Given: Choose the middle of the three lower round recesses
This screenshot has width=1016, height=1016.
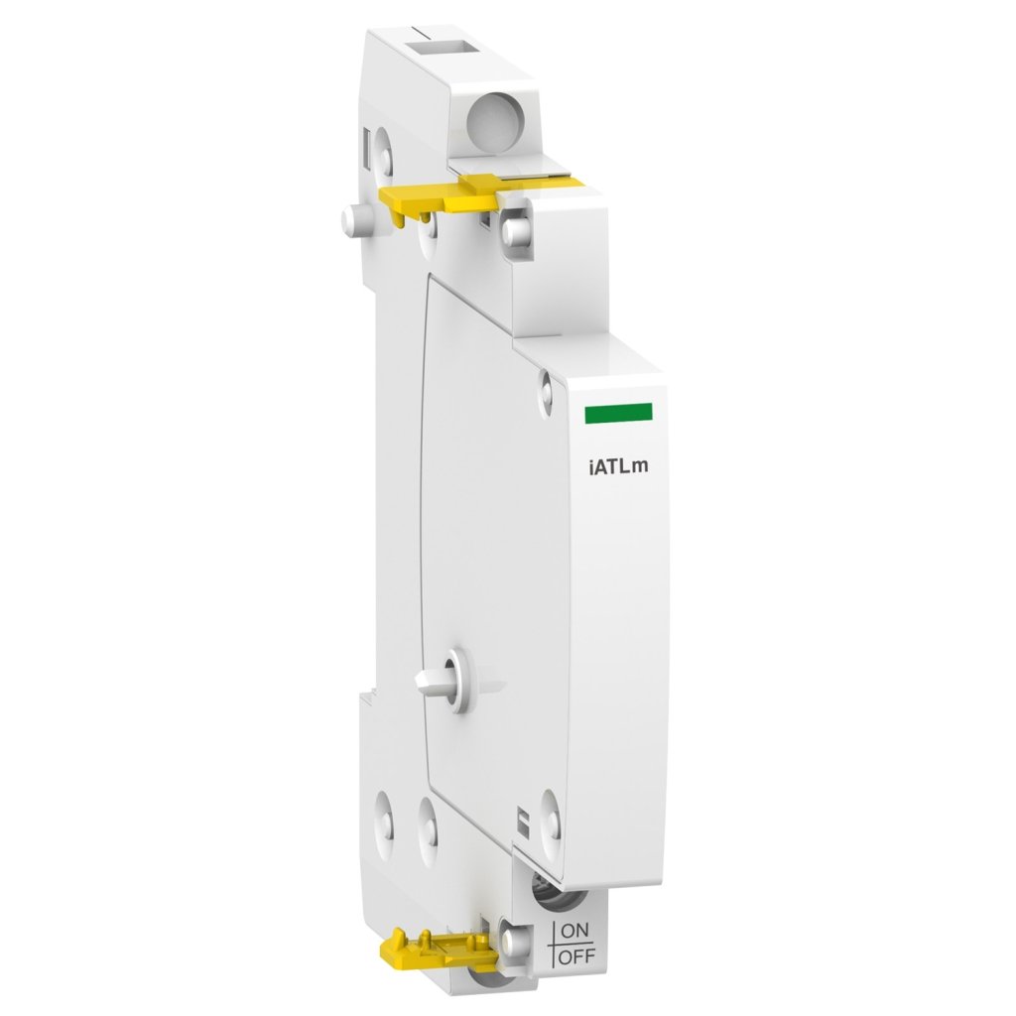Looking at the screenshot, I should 428,820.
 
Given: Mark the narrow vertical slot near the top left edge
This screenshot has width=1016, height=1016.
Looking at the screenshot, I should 371,149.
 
